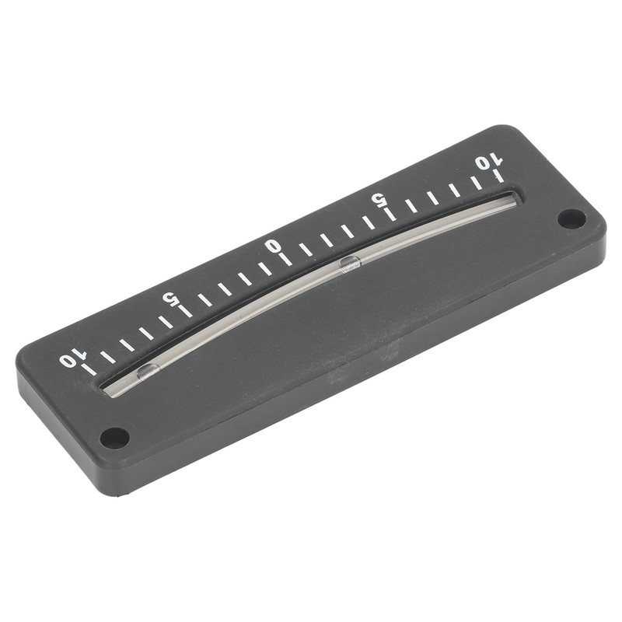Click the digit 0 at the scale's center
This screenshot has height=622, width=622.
pos(274,246)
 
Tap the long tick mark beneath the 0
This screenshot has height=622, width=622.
pos(285,259)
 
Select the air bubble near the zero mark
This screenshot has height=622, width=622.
pos(350,263)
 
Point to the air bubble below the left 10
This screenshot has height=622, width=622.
pos(148,372)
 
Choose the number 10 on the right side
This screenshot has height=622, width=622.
pos(489,162)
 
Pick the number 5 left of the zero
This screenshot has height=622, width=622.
pos(170,299)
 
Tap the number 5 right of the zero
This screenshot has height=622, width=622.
pos(379,200)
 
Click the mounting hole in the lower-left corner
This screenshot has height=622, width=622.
pos(114,439)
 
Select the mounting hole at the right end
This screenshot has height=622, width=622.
pos(571,219)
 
